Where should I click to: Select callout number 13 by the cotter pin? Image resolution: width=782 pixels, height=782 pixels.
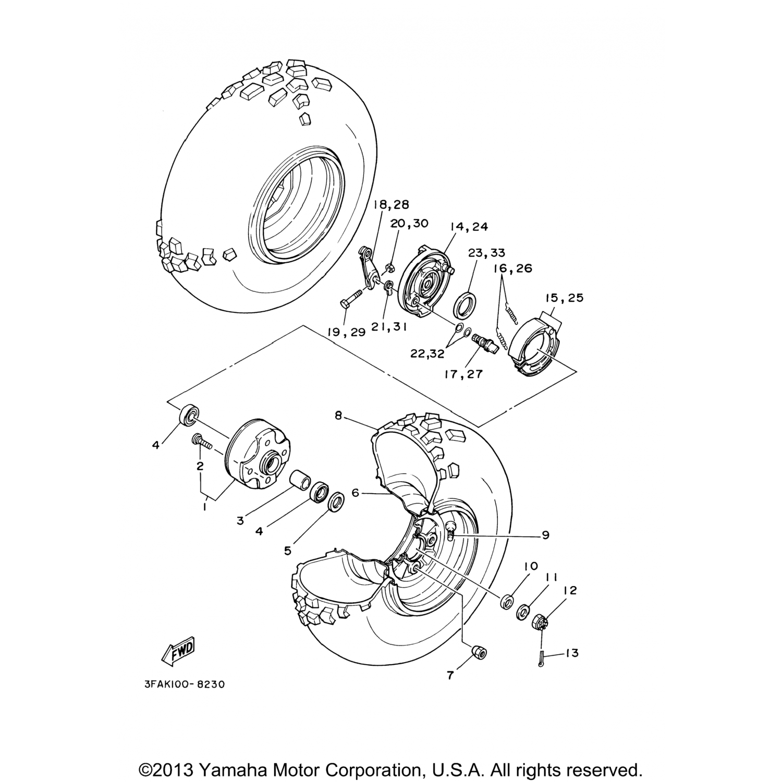(572, 653)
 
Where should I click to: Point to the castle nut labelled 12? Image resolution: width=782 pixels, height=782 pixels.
(541, 621)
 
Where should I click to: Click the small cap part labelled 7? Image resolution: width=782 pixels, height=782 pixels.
(478, 652)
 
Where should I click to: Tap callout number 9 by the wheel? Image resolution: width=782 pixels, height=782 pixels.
(546, 535)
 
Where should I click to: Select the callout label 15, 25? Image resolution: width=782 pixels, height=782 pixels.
(564, 298)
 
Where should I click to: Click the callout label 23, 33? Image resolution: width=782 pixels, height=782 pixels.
(486, 253)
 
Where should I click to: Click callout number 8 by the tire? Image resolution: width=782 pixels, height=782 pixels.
(338, 416)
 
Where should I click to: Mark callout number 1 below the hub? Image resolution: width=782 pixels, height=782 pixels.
(204, 506)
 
